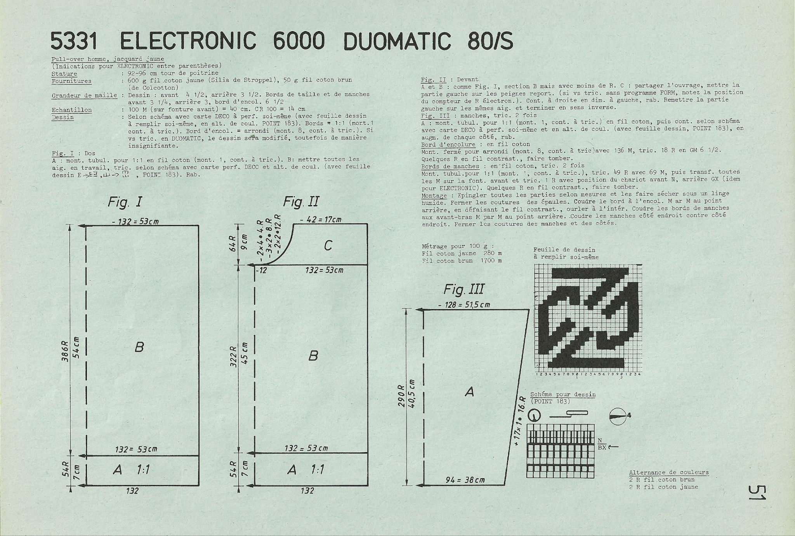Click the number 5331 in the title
click(x=73, y=41)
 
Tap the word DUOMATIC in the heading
click(x=397, y=41)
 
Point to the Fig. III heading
click(x=464, y=289)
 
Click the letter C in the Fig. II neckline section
click(x=328, y=245)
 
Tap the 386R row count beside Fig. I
click(x=65, y=352)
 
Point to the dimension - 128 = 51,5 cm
click(x=464, y=305)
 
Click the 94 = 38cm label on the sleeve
click(x=465, y=480)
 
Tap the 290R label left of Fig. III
click(x=401, y=397)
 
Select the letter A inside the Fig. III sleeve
click(x=469, y=392)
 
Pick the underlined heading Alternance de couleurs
click(x=669, y=473)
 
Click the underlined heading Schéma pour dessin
click(x=563, y=395)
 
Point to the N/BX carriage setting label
click(x=602, y=444)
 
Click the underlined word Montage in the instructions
click(x=434, y=195)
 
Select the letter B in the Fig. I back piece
click(x=139, y=347)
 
